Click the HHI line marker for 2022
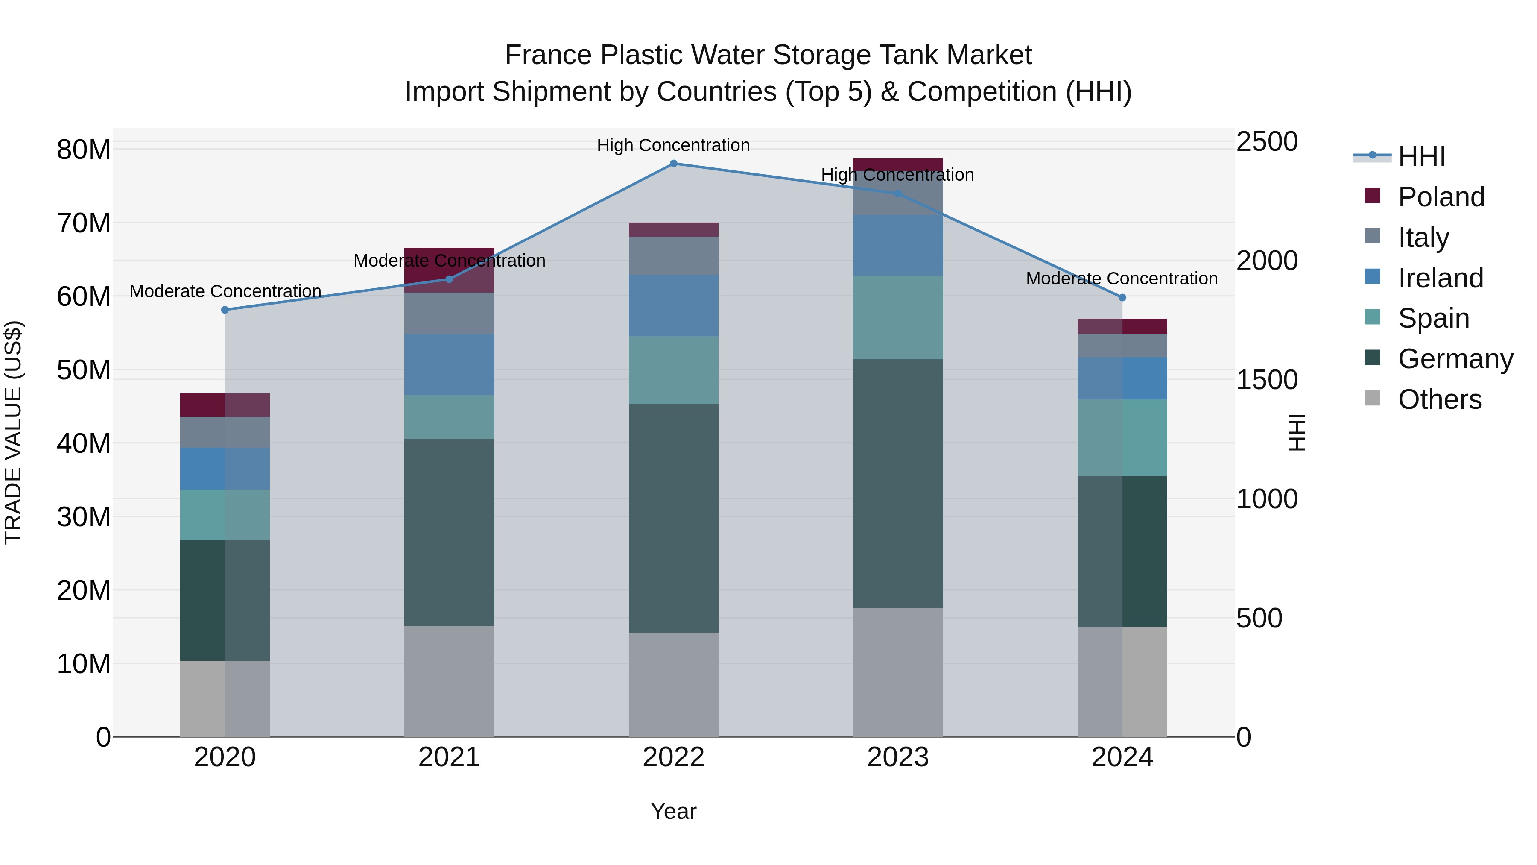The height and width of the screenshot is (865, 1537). click(x=674, y=164)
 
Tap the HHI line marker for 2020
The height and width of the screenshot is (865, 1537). click(x=225, y=310)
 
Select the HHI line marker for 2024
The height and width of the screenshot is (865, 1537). click(x=1122, y=297)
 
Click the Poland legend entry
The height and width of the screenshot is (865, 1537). click(x=1441, y=197)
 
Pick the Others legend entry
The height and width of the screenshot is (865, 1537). click(x=1439, y=399)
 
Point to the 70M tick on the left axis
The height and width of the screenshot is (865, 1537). click(x=84, y=223)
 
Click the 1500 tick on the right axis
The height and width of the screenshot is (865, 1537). click(x=1267, y=380)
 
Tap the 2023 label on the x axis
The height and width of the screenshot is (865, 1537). click(x=897, y=757)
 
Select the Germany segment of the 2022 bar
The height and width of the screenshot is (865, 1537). click(x=674, y=518)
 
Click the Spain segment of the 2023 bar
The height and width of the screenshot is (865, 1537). click(x=897, y=317)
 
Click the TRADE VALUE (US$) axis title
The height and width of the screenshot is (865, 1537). click(x=13, y=432)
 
